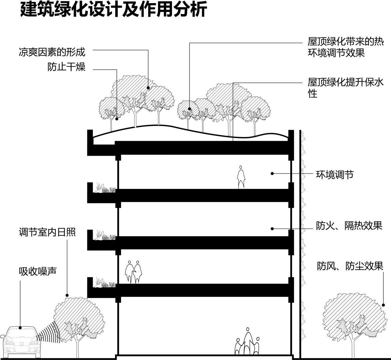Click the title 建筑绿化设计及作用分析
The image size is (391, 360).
tap(114, 10)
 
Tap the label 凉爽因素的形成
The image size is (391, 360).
tap(52, 52)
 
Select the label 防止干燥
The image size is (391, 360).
tap(66, 67)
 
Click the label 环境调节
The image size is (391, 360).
tap(334, 174)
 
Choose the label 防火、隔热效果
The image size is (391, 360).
tap(349, 226)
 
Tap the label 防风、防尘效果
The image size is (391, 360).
tap(350, 266)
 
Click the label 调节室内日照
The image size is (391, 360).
tap(47, 232)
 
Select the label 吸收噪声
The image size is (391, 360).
tap(37, 271)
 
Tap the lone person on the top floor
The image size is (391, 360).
tap(241, 177)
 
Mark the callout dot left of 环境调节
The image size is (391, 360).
tap(272, 173)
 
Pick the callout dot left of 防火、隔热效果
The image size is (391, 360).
tap(272, 229)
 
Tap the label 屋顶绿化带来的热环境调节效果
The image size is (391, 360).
tap(345, 47)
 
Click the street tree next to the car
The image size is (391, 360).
tap(78, 320)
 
